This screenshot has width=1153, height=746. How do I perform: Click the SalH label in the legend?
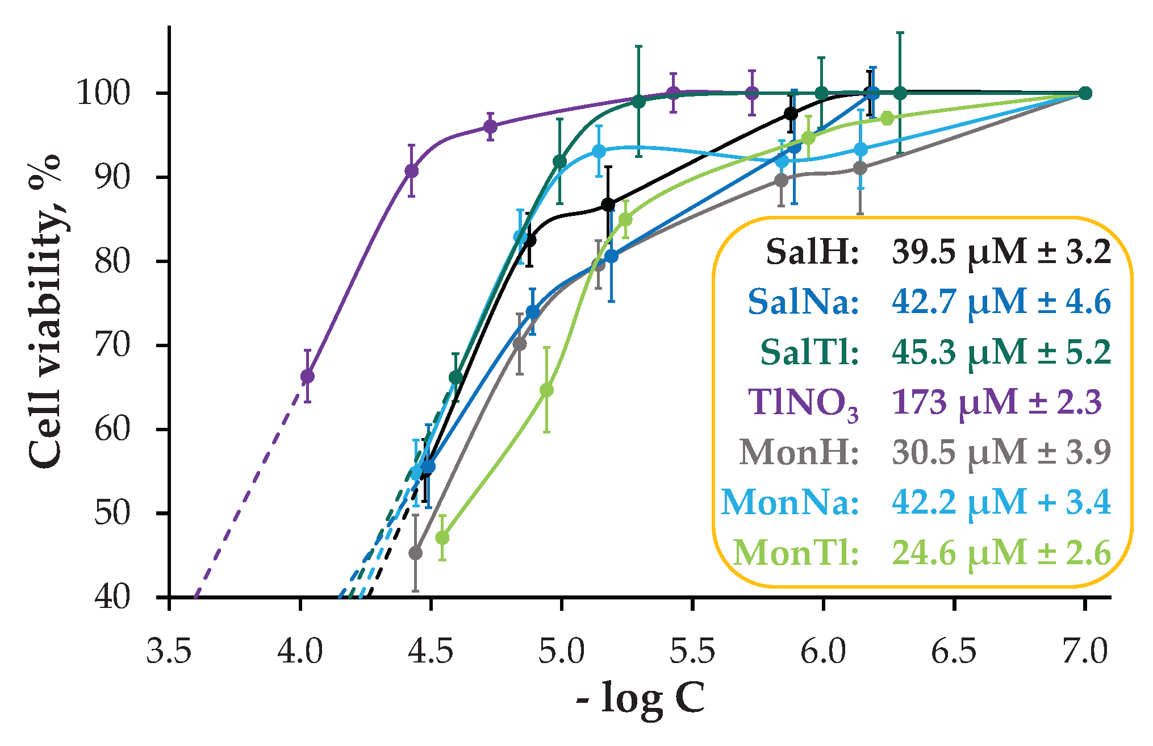(x=812, y=252)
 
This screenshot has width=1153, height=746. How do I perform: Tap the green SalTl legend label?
(x=809, y=352)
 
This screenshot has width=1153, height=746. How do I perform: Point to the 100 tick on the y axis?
(x=103, y=93)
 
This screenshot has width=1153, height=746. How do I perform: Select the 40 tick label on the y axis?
(x=112, y=597)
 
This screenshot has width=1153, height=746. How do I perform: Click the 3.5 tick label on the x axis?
(x=169, y=652)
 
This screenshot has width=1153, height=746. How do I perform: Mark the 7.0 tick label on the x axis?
(x=1084, y=652)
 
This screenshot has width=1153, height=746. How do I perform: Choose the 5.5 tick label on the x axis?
(x=692, y=652)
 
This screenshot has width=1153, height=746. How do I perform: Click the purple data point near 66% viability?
(x=307, y=376)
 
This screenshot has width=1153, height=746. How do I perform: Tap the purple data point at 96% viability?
(x=490, y=126)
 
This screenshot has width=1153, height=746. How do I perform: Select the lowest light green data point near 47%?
(x=442, y=537)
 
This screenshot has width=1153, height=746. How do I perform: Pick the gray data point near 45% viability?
(x=416, y=553)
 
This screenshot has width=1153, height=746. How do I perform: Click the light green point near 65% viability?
(x=546, y=390)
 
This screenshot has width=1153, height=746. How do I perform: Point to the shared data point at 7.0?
(x=1085, y=93)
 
